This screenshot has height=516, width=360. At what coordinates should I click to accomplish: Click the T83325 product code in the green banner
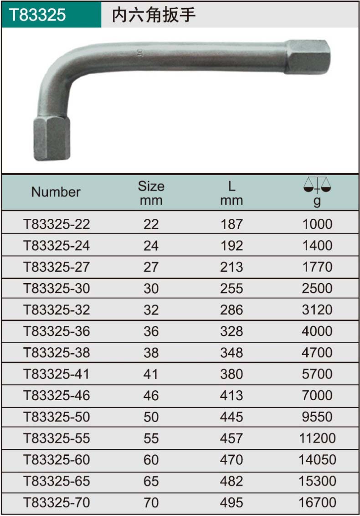point(37,15)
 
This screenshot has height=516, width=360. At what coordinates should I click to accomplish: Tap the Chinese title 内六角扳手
point(154,15)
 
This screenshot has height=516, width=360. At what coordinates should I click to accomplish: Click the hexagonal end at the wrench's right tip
point(307,57)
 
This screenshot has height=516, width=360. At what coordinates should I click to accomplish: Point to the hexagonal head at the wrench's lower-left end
point(51,138)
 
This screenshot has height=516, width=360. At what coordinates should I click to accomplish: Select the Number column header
point(56,192)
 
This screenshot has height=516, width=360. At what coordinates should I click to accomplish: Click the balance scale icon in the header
point(317,185)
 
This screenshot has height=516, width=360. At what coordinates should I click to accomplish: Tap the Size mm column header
point(151,193)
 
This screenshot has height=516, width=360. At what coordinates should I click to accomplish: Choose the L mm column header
point(231,193)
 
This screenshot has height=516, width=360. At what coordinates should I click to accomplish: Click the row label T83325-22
point(57,224)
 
